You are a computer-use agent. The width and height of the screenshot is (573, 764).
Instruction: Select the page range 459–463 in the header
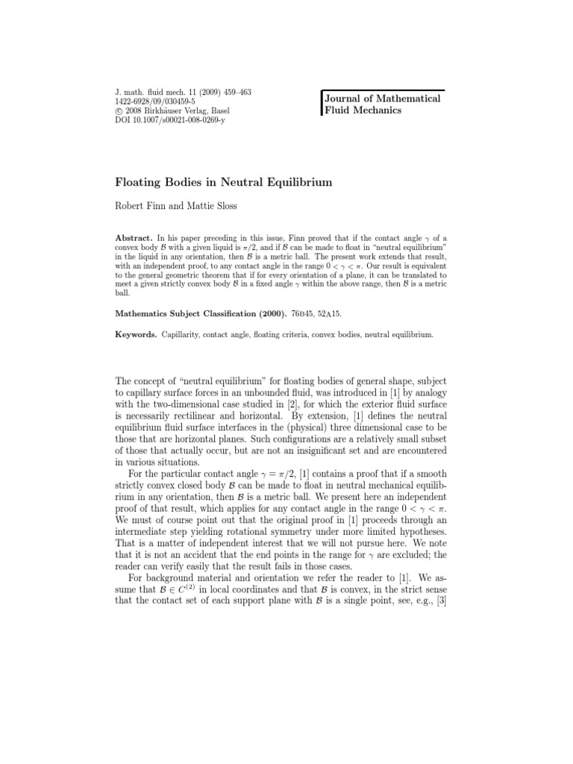pos(234,93)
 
